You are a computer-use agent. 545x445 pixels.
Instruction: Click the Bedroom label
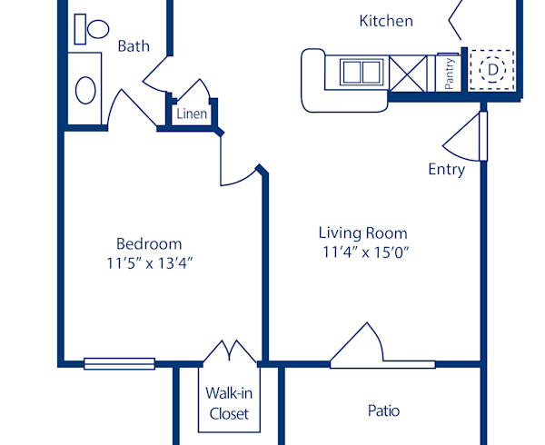(149, 243)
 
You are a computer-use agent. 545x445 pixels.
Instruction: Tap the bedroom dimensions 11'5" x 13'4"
(149, 263)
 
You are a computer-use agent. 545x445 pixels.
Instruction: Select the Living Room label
(362, 232)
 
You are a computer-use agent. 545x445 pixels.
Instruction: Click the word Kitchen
(386, 21)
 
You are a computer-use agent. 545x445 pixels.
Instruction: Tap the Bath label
(134, 45)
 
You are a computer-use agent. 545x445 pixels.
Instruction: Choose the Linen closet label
(191, 114)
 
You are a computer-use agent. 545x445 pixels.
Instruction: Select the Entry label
(447, 169)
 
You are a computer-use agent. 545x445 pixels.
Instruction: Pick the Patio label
(383, 410)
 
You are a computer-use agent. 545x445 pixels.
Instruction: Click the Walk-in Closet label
(229, 403)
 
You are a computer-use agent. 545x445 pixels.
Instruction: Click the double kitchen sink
(363, 71)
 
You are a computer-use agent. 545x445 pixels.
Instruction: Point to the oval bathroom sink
(86, 89)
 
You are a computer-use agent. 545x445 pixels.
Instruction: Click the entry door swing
(465, 136)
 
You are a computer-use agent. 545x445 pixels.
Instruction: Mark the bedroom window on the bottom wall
(118, 364)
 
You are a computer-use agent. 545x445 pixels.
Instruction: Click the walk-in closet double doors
(230, 352)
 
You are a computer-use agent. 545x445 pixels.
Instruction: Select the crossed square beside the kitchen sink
(408, 71)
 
